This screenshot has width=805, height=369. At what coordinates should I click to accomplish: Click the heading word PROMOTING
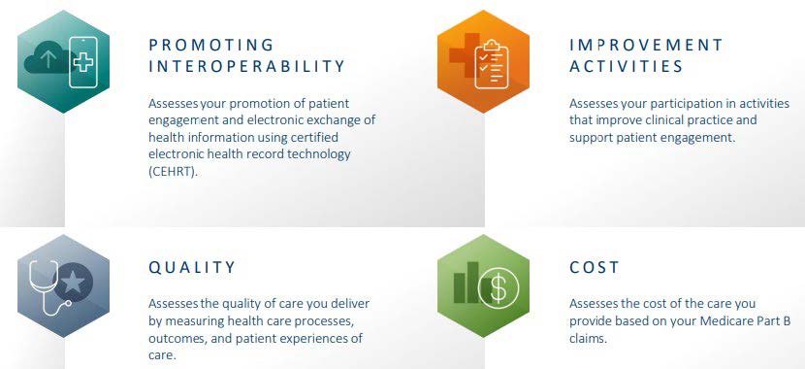coord(210,45)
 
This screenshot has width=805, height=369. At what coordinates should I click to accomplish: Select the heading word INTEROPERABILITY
coord(246,67)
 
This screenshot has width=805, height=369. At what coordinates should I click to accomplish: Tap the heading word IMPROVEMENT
coord(646,45)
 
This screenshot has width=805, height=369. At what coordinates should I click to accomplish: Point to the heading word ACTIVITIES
coord(626,67)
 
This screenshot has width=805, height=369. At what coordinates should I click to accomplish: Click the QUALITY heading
coord(191,267)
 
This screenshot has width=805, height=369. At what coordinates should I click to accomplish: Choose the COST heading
coord(594,267)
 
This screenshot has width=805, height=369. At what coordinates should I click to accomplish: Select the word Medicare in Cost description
coord(724,321)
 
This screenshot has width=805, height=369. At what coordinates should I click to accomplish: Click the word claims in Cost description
coord(589,339)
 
